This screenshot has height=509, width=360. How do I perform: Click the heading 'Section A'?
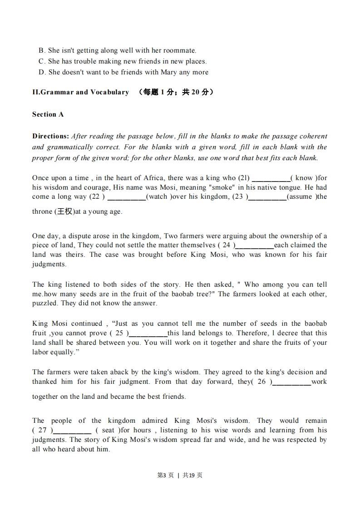click(x=48, y=114)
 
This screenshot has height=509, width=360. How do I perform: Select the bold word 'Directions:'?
click(x=50, y=136)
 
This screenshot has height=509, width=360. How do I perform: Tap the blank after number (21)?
click(x=271, y=178)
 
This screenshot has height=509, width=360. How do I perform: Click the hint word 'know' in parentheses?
click(x=304, y=178)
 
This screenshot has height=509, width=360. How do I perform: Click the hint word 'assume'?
click(x=301, y=196)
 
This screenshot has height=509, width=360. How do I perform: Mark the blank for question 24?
click(x=255, y=246)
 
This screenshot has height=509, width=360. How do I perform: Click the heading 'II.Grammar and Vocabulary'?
click(x=80, y=92)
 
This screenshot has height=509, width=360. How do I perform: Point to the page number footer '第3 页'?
click(x=165, y=475)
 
